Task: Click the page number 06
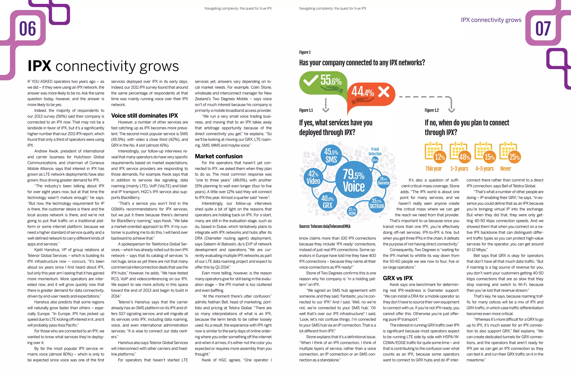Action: [28, 29]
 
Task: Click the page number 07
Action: [543, 29]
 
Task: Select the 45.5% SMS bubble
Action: [331, 155]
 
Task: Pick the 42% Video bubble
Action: [313, 178]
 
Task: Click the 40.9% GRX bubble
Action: [327, 202]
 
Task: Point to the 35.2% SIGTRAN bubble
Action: [376, 204]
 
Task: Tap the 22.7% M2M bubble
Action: [352, 212]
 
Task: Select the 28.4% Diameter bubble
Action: [383, 181]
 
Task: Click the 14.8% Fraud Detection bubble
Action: [375, 160]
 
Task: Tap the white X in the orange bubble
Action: [384, 92]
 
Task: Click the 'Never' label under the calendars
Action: [505, 168]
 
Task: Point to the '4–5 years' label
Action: [484, 168]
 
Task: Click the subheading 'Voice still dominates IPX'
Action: [144, 116]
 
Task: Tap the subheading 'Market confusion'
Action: [219, 156]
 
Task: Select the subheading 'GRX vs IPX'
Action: [398, 278]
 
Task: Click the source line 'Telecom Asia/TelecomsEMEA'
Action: [325, 226]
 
